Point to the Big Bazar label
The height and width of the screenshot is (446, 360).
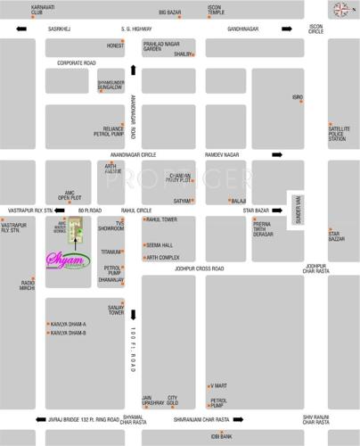coord(170,12)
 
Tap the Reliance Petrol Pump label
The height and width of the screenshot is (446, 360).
coord(112,131)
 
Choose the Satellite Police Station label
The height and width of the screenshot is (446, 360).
coord(337,134)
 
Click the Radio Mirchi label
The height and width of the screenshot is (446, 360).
coord(28,285)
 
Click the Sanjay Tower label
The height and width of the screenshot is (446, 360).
coord(117,310)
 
